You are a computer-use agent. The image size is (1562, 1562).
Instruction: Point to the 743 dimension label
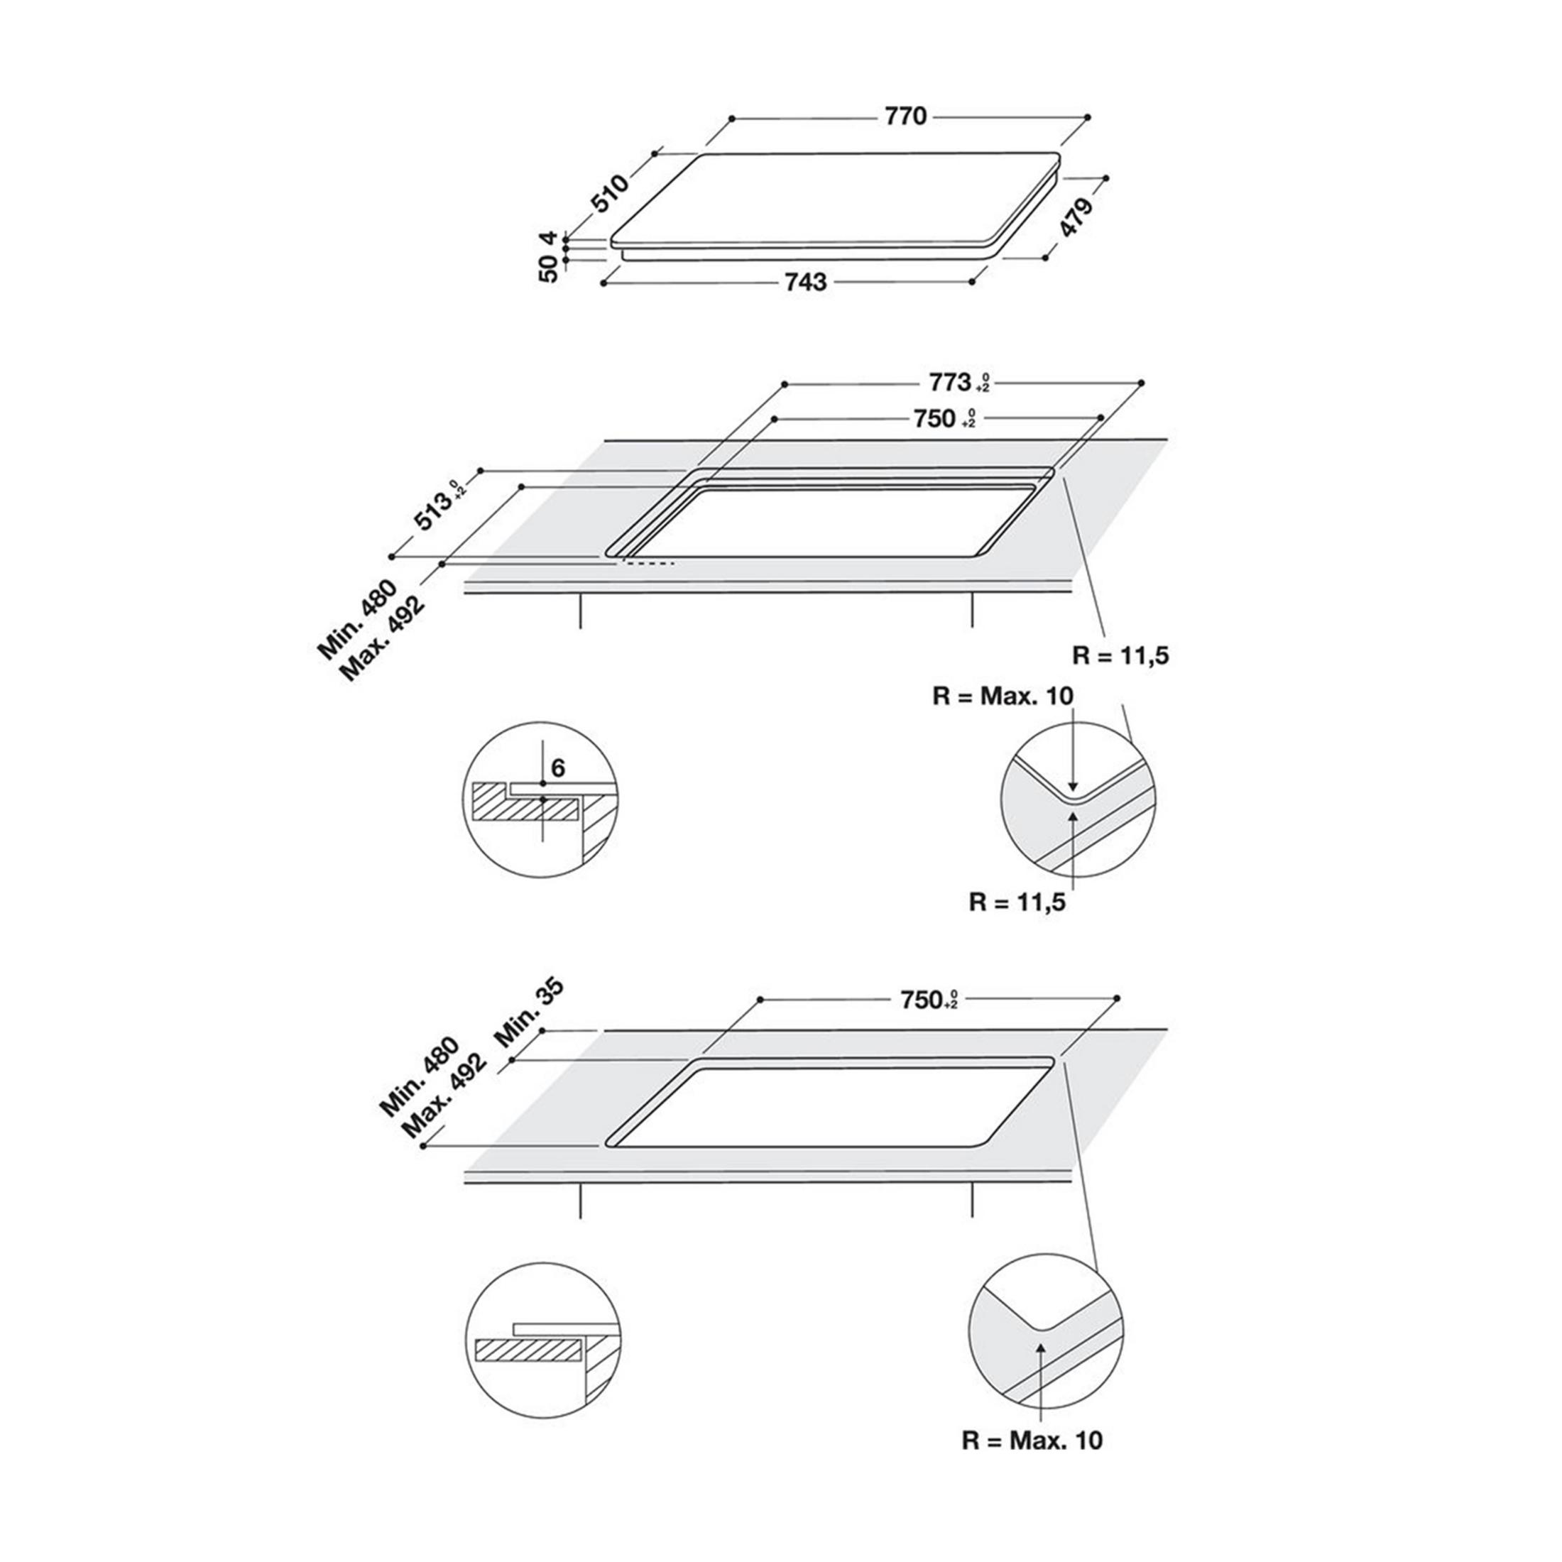tap(806, 282)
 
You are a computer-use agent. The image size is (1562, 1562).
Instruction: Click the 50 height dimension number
tap(549, 269)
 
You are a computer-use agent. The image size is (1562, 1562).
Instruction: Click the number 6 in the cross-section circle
tap(558, 768)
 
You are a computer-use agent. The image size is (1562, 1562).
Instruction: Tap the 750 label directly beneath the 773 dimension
tap(934, 419)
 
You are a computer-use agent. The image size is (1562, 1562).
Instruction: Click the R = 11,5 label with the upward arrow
tap(1017, 902)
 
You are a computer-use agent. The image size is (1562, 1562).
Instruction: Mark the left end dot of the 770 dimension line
tap(732, 118)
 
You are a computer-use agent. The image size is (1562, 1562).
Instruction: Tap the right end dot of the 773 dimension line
tap(1142, 383)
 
